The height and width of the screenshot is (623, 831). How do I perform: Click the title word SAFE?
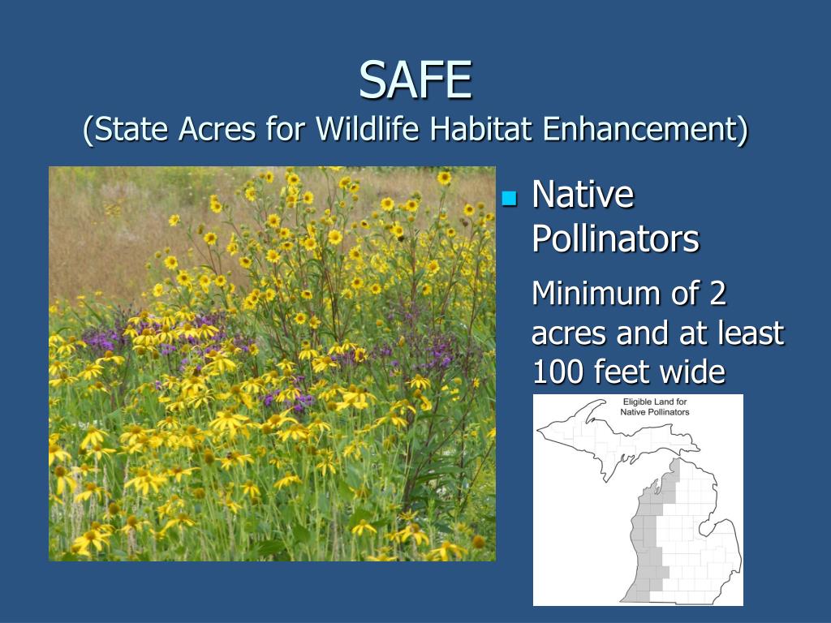415,79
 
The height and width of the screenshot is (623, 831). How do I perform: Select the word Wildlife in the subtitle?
368,129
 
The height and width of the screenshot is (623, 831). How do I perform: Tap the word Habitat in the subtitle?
480,129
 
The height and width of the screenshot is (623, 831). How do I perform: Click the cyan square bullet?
509,198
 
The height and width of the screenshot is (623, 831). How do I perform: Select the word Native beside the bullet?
583,195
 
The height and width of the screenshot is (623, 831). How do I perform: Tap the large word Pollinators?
615,239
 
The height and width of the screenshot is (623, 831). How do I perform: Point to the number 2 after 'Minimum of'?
717,293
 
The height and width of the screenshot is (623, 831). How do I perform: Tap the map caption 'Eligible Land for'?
655,402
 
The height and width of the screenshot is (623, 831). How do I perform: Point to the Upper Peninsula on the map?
615,435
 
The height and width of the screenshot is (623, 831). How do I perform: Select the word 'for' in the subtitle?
286,129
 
